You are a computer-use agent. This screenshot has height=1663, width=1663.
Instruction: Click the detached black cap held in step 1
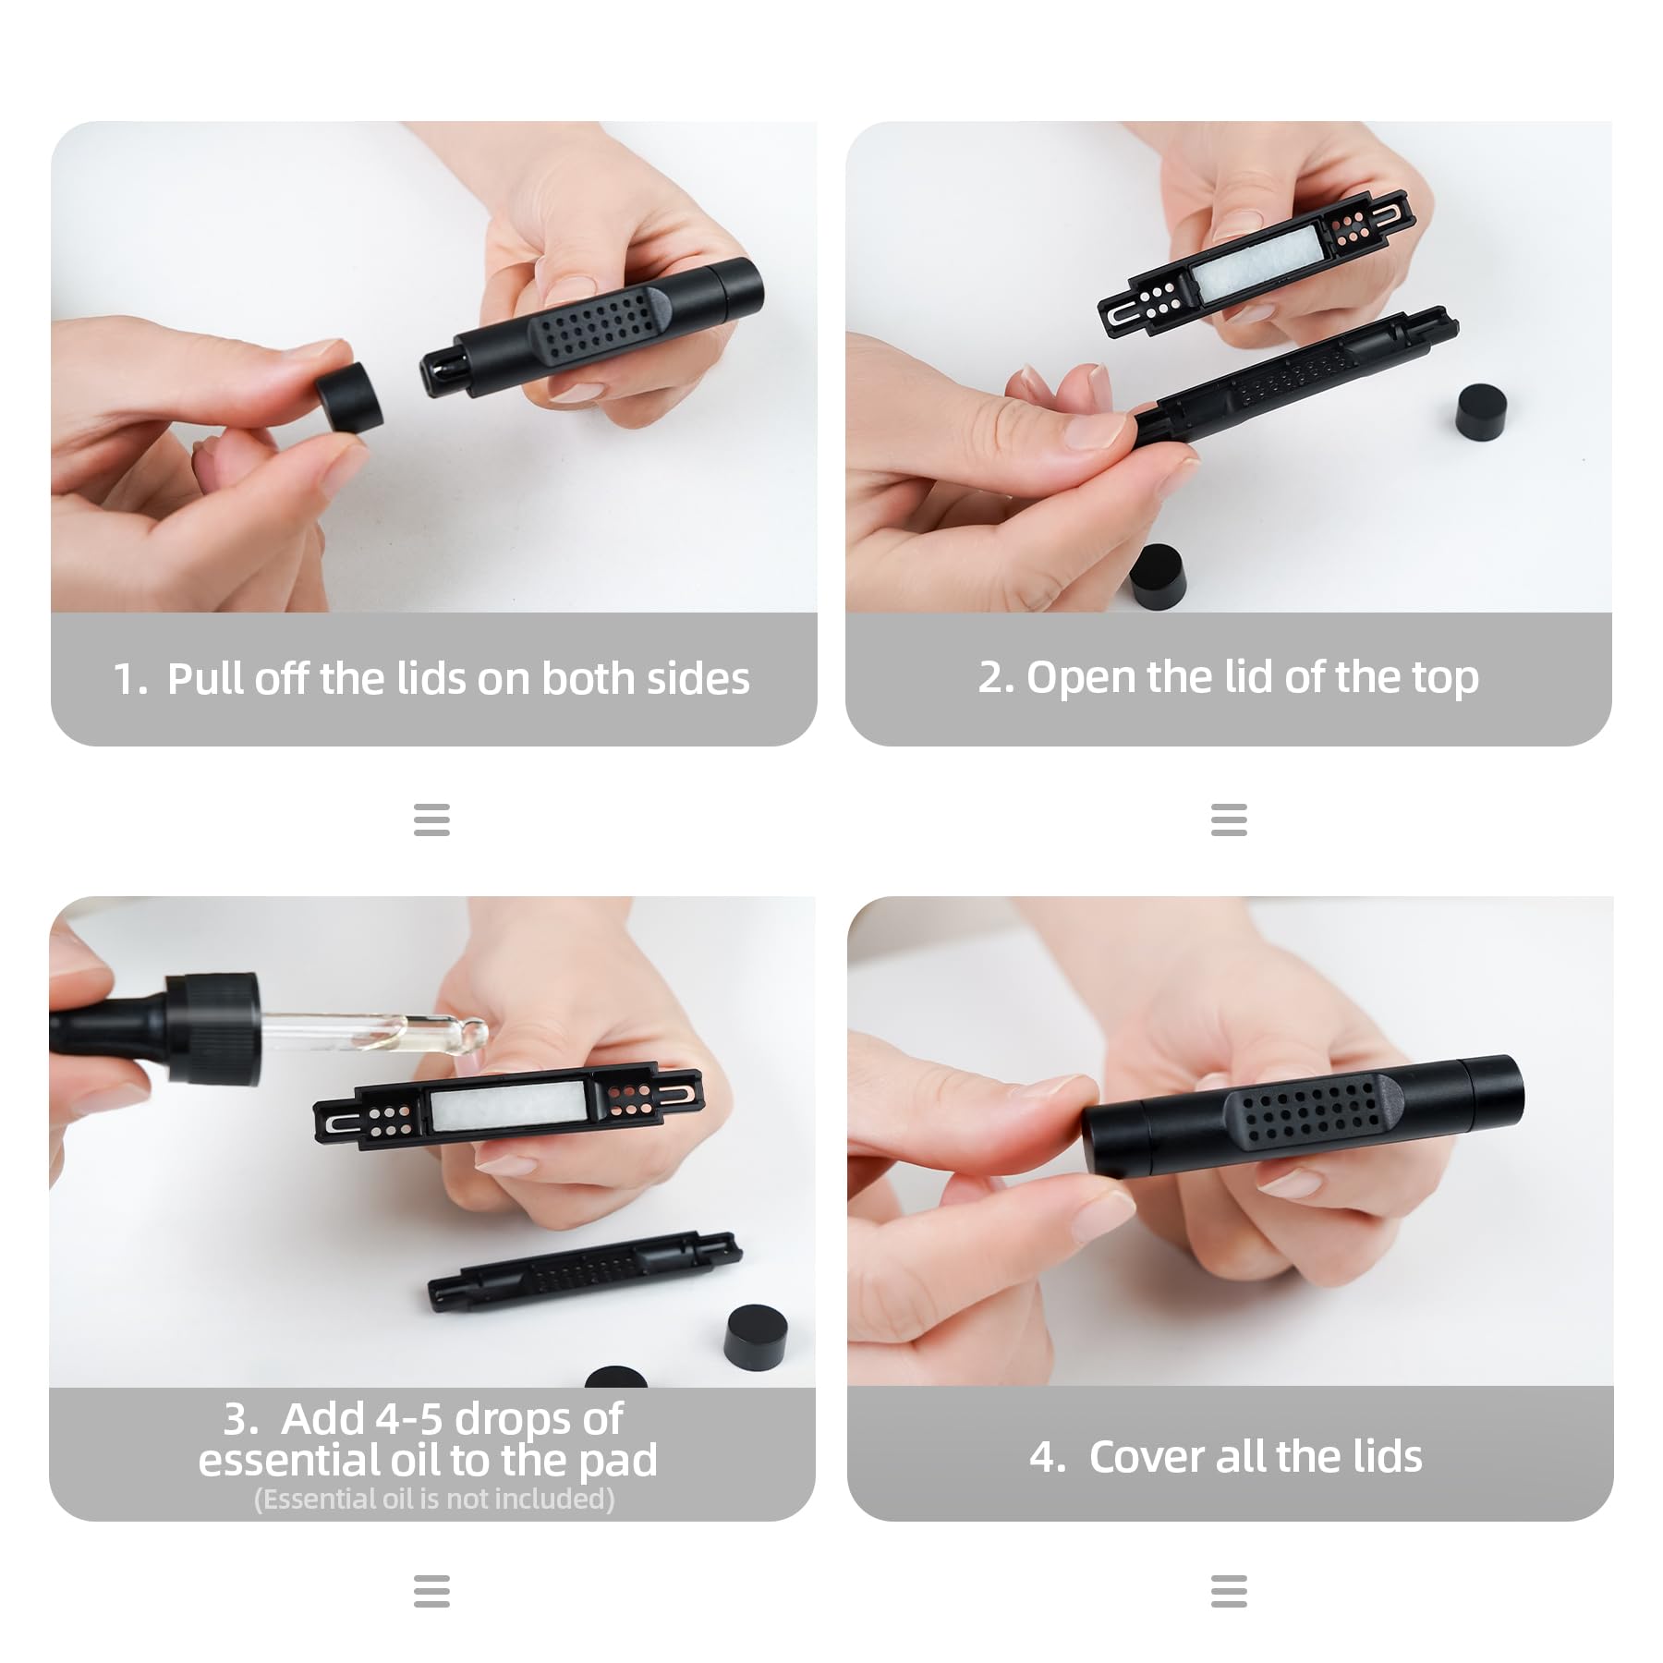coord(350,395)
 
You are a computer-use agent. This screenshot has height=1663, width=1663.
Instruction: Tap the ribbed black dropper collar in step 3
coord(212,1028)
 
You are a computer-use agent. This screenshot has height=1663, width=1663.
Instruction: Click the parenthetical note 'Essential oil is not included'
coord(434,1499)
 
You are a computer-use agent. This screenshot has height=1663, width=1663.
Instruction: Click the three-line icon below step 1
coord(431,819)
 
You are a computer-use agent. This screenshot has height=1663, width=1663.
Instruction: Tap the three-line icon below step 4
coord(1229,1592)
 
